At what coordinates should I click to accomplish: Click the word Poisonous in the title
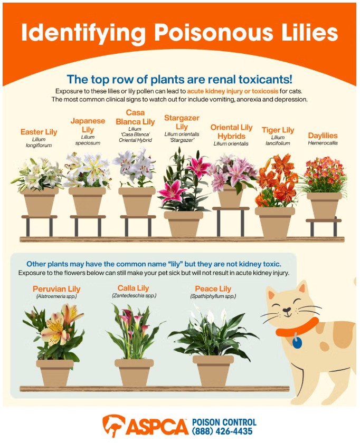tap(213, 33)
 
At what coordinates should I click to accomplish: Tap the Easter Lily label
tap(39, 132)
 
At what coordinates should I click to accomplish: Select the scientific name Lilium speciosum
tap(88, 140)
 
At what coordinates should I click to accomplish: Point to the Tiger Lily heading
tap(278, 130)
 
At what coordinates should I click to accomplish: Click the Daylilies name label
tap(323, 136)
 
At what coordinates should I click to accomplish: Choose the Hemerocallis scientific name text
tap(323, 143)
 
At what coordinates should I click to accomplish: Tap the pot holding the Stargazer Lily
tap(184, 224)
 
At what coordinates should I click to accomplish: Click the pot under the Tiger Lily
tap(275, 222)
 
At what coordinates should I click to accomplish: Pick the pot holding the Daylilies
tap(324, 205)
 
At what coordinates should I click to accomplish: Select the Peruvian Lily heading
tap(56, 289)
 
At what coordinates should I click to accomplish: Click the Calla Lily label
tap(133, 288)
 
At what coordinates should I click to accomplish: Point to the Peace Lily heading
tap(213, 289)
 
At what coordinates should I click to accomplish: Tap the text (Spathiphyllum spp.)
tap(213, 296)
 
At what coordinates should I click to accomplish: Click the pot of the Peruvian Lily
tap(55, 373)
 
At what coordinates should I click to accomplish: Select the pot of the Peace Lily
tap(213, 371)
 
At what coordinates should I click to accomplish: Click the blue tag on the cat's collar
tap(297, 342)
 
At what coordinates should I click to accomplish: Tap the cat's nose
tap(287, 310)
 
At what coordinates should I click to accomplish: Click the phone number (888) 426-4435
tap(222, 431)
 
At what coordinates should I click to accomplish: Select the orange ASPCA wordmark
tap(157, 426)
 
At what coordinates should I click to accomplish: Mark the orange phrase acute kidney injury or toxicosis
tap(232, 91)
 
